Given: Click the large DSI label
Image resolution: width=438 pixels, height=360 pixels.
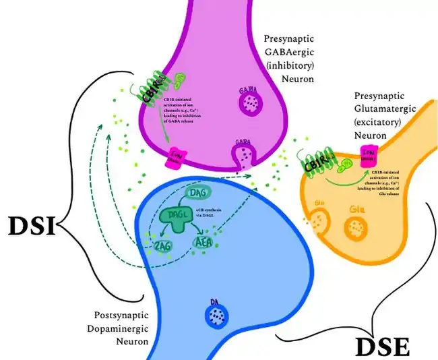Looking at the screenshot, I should (32, 227).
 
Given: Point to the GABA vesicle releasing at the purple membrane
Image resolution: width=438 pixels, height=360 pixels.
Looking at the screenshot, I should (244, 155).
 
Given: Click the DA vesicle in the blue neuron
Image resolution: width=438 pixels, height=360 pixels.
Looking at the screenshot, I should (216, 315).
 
